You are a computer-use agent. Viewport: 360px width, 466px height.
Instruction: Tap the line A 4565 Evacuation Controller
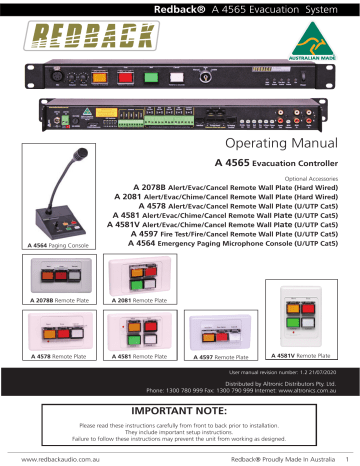click(282, 162)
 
